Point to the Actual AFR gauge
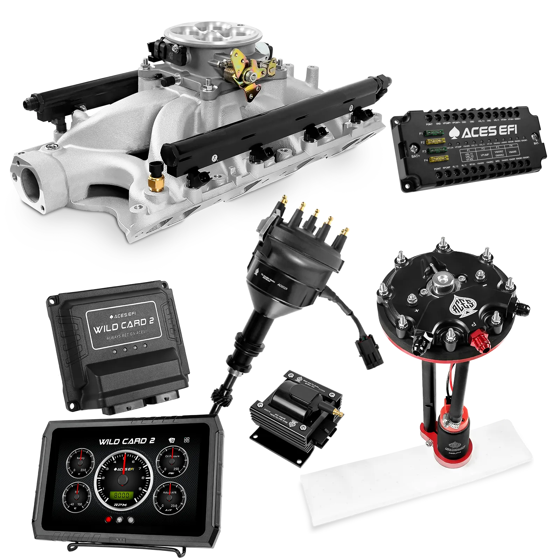point(169,498)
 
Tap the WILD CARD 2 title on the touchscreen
point(127,441)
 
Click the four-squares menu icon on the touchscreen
point(187,440)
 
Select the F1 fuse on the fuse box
point(434,133)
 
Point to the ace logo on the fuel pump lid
point(463,305)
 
